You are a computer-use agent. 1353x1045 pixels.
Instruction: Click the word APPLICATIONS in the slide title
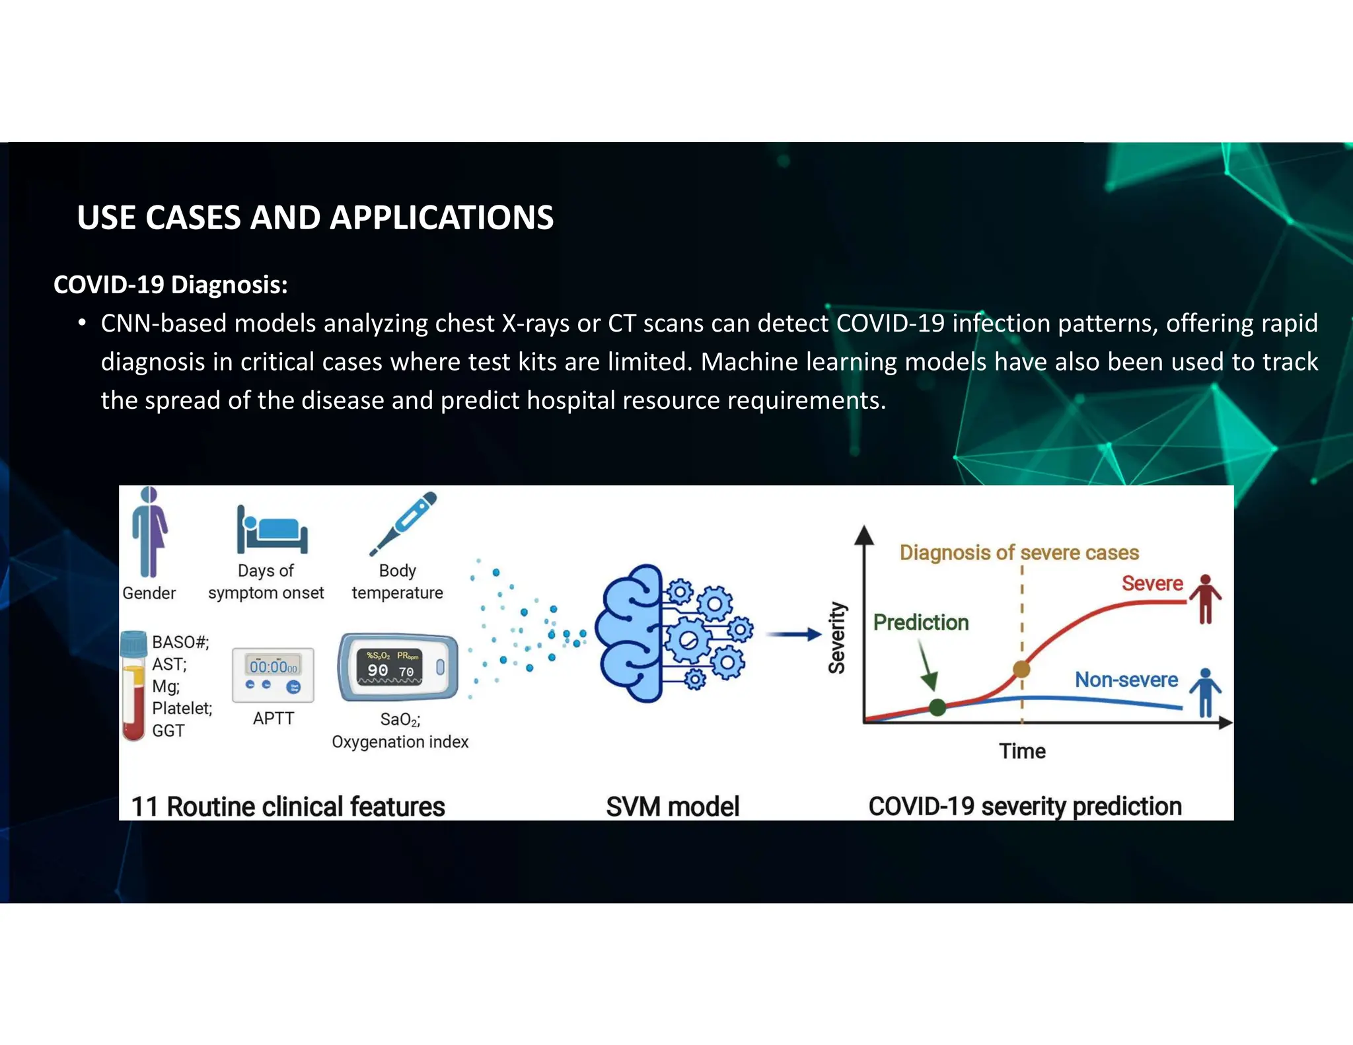click(x=441, y=217)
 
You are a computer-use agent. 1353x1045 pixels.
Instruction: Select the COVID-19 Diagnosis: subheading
click(x=170, y=285)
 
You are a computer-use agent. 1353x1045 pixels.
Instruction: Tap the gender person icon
click(x=150, y=532)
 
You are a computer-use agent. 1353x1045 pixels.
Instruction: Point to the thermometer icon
click(x=403, y=523)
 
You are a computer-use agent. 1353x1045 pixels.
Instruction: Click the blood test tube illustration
click(x=133, y=686)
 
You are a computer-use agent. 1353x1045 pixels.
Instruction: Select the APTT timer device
click(x=273, y=674)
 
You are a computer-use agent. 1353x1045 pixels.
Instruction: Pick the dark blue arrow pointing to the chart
click(x=793, y=635)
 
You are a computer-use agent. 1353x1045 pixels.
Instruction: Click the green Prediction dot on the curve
click(x=937, y=707)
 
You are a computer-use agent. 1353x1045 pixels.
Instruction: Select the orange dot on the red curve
click(x=1021, y=669)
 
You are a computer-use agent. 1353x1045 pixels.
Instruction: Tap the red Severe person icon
click(x=1206, y=598)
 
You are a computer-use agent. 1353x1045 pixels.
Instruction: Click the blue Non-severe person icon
click(x=1206, y=692)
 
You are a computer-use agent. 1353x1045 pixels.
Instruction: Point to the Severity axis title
click(x=837, y=637)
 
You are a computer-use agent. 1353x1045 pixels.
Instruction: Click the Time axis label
click(x=1022, y=751)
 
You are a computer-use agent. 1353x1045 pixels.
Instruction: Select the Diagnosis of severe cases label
click(x=1019, y=552)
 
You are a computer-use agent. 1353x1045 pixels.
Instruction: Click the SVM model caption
click(x=673, y=807)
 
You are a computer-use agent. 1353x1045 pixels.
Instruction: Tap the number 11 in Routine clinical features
click(x=144, y=807)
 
